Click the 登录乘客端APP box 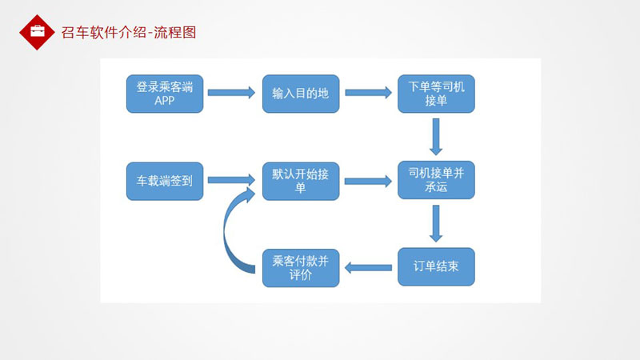pos(165,94)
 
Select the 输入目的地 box pos(301,94)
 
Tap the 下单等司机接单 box pos(436,94)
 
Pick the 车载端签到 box pos(165,182)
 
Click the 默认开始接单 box pos(301,182)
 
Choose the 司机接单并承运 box pos(436,180)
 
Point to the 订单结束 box pos(436,266)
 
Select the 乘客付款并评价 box pos(301,268)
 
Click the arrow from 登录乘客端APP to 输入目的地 pos(231,93)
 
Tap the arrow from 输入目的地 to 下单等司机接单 pos(368,93)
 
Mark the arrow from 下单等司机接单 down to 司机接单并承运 pos(436,137)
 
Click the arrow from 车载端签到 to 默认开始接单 pos(231,180)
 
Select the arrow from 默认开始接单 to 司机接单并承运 pos(368,182)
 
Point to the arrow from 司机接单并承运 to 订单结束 pos(436,224)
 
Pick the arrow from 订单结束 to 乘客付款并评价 pos(368,268)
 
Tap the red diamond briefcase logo pos(37,32)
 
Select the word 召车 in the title pos(75,33)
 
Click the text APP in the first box pos(165,101)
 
